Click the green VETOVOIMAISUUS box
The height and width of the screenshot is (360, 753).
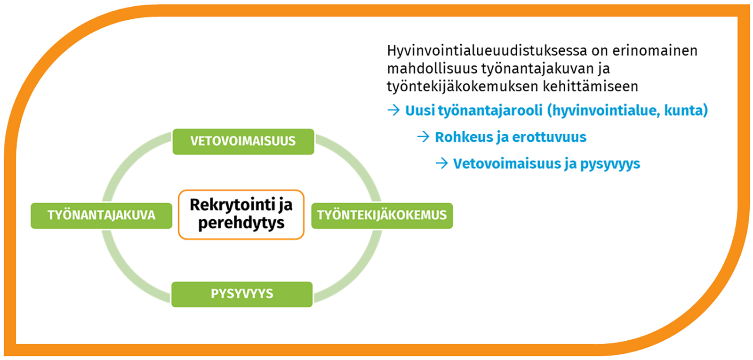243,142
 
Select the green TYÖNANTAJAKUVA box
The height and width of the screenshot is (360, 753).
102,216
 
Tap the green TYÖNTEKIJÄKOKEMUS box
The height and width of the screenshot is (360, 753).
382,216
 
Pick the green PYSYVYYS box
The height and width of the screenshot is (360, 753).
242,294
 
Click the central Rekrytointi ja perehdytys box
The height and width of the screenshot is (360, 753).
241,215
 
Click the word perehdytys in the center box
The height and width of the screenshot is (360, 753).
241,224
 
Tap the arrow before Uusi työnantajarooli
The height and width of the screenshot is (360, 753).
393,110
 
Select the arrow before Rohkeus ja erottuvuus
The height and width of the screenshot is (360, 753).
423,137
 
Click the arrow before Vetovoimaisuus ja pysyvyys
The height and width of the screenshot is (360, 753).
442,163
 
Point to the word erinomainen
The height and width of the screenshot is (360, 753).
655,51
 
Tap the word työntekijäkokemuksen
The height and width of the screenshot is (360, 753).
463,87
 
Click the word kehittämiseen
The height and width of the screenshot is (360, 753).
591,87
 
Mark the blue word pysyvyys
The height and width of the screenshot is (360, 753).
610,164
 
